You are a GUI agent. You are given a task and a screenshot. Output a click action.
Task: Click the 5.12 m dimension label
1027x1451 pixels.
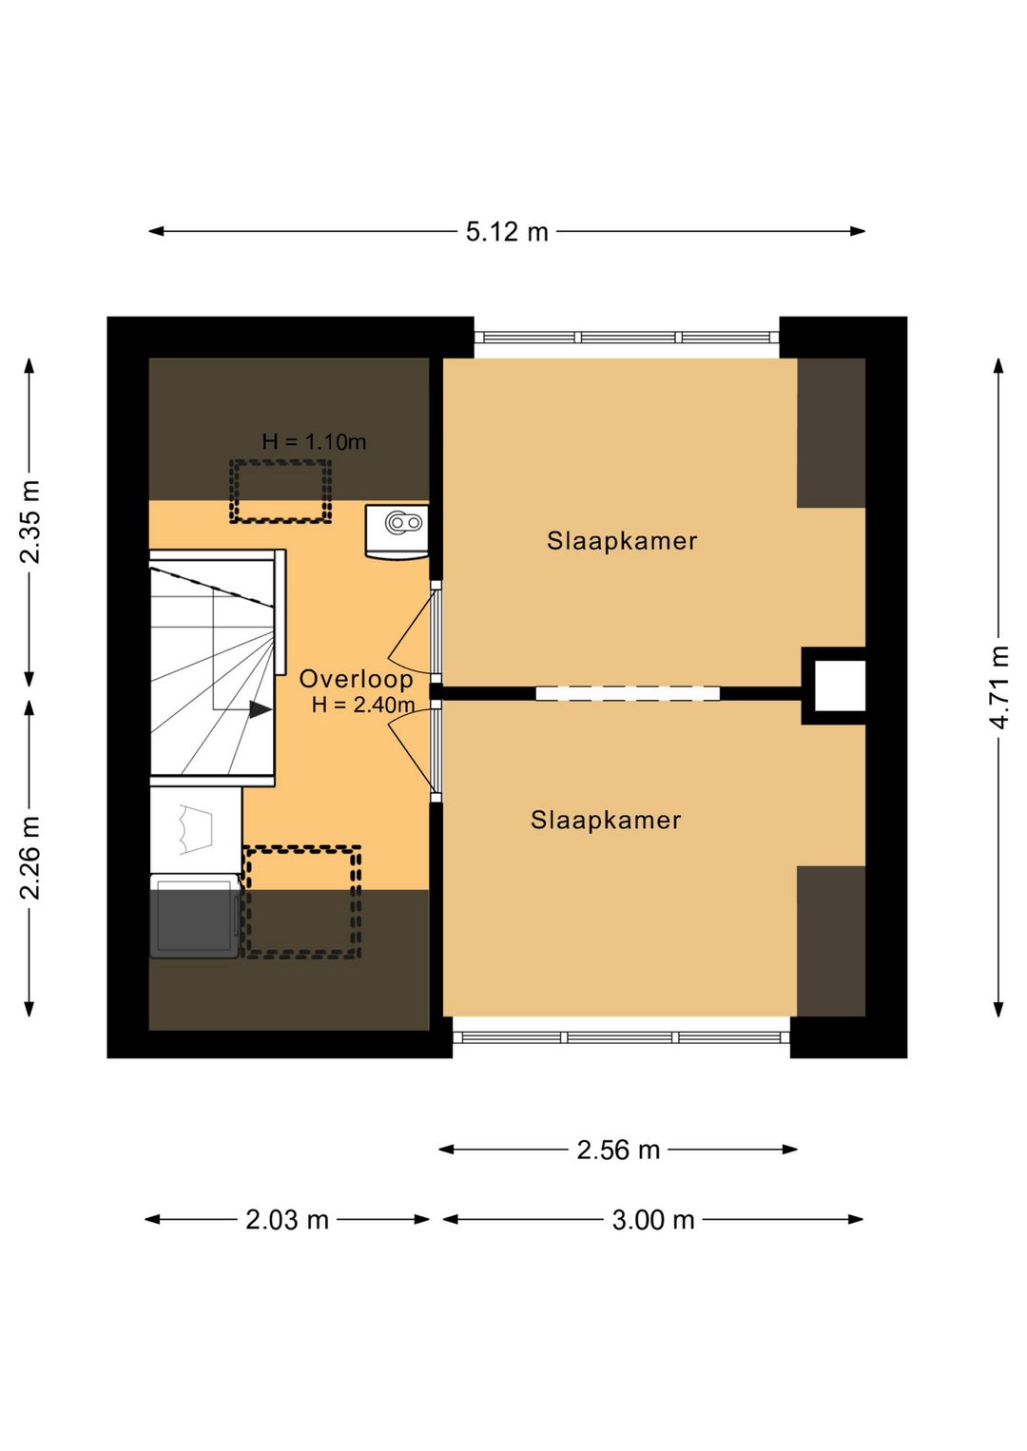pos(507,231)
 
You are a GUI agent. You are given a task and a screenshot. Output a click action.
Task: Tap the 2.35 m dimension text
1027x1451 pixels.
pos(30,521)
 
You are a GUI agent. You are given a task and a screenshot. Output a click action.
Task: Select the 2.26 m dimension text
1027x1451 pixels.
pos(30,858)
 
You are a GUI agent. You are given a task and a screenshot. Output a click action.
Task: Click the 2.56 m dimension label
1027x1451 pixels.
pos(618,1168)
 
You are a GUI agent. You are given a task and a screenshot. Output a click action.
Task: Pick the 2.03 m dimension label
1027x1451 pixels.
pos(287,1238)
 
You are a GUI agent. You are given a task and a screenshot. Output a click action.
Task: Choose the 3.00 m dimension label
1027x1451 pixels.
pos(653,1238)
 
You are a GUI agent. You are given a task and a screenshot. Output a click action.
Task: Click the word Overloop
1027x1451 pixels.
pos(356,679)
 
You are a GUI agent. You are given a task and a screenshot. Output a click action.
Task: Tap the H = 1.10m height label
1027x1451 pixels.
pos(314,442)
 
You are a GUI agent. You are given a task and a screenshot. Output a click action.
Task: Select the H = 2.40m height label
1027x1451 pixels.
pos(363,705)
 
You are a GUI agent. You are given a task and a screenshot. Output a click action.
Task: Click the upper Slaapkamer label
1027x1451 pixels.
pos(622,541)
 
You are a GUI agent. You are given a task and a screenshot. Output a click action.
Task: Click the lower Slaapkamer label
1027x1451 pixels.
pos(606,820)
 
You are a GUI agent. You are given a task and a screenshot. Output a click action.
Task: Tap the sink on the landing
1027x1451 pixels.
pos(397,532)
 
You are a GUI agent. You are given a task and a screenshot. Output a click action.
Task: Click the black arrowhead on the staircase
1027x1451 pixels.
pos(261,710)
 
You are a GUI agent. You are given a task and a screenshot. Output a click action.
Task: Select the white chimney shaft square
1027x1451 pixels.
pos(840,686)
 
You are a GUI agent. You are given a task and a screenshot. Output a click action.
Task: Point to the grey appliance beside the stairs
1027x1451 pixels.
pos(194,917)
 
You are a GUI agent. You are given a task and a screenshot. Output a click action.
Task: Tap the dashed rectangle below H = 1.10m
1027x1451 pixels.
pos(281,492)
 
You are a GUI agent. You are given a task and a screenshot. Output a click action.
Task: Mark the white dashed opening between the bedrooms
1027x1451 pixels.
pos(628,693)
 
